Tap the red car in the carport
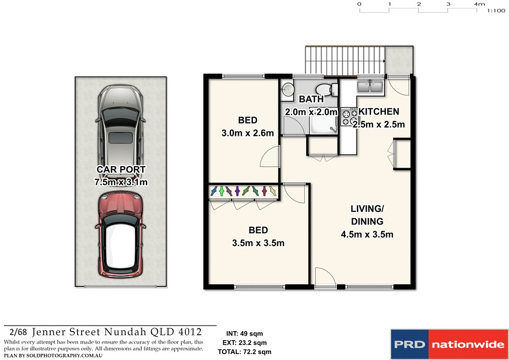pos(121,237)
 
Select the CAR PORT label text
pos(121,170)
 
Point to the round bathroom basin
pos(288,90)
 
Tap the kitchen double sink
pos(369,87)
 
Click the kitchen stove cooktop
pos(349,117)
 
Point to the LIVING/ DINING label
pos(367,215)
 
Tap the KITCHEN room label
pos(379,111)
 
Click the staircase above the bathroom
pos(345,59)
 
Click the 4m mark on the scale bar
pos(479,4)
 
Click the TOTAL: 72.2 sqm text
pos(245,352)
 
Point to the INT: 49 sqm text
pos(245,334)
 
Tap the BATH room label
pos(311,99)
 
